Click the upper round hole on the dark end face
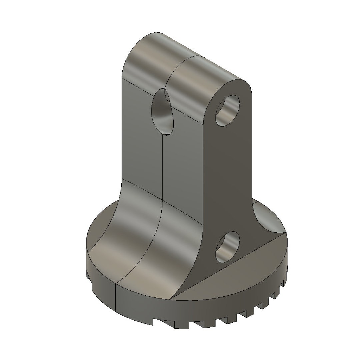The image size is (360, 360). [x=228, y=110]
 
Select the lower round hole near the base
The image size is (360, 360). [x=228, y=247]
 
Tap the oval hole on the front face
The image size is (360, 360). [x=162, y=112]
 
